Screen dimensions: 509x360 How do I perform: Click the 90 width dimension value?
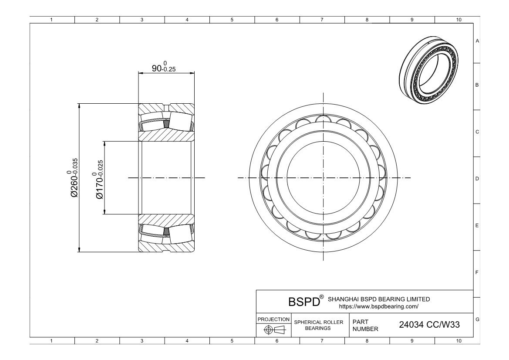coord(157,68)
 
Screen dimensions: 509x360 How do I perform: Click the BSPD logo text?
coord(304,302)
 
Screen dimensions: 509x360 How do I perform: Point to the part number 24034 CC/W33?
coord(429,325)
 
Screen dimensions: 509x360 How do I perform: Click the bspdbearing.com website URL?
coord(378,306)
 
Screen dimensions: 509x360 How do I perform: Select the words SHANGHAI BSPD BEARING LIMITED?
coord(379,299)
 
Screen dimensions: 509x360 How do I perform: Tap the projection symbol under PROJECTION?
coord(274,330)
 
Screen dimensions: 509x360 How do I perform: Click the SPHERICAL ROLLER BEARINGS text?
coord(318,325)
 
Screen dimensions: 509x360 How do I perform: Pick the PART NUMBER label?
coord(365,325)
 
